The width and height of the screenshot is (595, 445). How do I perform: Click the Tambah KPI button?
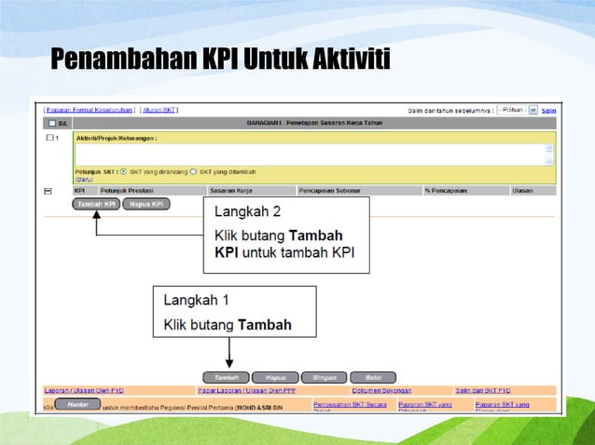pyautogui.click(x=95, y=204)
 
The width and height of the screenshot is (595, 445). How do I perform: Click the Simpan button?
pyautogui.click(x=324, y=377)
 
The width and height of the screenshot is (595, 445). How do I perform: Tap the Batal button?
pyautogui.click(x=373, y=377)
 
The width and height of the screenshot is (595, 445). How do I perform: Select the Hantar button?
pyautogui.click(x=77, y=404)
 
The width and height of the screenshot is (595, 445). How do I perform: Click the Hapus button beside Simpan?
pyautogui.click(x=275, y=377)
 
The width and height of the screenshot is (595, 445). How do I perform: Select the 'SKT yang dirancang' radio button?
pyautogui.click(x=124, y=171)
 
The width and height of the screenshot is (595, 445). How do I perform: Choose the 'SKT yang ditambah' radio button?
pyautogui.click(x=193, y=171)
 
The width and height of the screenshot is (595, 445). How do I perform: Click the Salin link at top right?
pyautogui.click(x=549, y=110)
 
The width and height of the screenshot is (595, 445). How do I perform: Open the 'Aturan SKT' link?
pyautogui.click(x=159, y=110)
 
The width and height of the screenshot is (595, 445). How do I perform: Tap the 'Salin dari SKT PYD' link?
pyautogui.click(x=483, y=390)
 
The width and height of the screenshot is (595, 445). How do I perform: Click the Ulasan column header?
pyautogui.click(x=522, y=190)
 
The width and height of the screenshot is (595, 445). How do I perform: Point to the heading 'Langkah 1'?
pyautogui.click(x=197, y=301)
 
